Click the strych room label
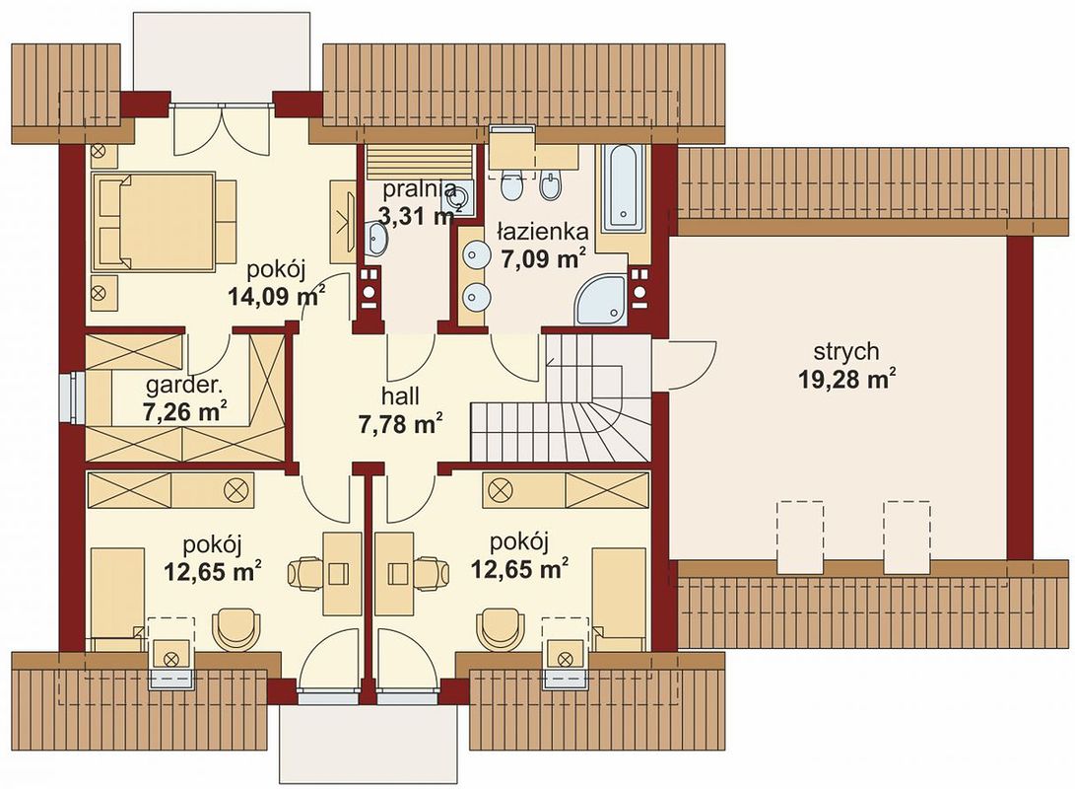tap(846, 351)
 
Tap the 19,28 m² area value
tap(847, 379)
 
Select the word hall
tap(400, 395)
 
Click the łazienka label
tap(542, 231)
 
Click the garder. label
tap(183, 387)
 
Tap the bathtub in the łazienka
tap(623, 188)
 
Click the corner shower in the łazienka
tap(601, 301)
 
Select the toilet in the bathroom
tap(512, 183)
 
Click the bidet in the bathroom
tap(551, 183)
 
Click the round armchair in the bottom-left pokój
tap(236, 630)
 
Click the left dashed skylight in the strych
tap(799, 537)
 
